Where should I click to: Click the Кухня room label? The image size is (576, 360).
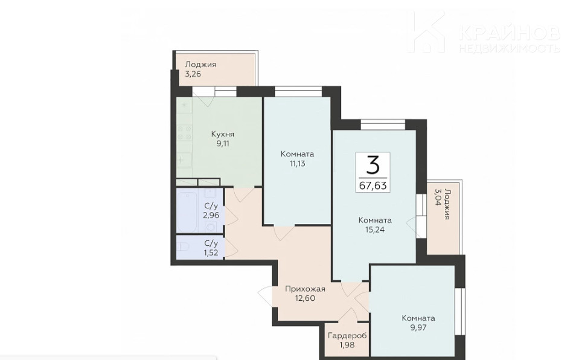click(223, 133)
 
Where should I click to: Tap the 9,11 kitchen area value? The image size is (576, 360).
click(223, 144)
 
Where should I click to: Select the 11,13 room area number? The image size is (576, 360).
click(298, 164)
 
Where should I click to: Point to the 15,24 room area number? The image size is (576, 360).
click(375, 230)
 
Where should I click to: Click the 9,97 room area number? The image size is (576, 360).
click(418, 327)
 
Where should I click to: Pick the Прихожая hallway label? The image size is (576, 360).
click(306, 289)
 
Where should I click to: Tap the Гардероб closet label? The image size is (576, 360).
click(347, 336)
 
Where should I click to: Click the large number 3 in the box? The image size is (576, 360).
click(373, 165)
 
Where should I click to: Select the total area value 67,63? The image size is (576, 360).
click(373, 185)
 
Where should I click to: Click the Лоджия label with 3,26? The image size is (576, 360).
click(200, 64)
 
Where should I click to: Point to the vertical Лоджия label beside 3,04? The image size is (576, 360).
click(447, 204)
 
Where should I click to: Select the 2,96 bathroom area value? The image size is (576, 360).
click(211, 215)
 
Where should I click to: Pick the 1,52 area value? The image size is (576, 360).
click(211, 252)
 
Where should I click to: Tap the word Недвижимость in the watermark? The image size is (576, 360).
click(510, 48)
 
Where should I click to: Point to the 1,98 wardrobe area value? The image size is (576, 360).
click(347, 346)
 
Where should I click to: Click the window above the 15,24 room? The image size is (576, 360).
click(383, 124)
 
